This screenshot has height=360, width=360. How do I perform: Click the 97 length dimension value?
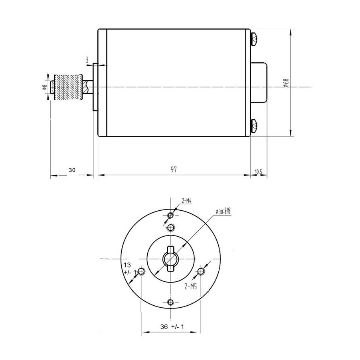point(173,170)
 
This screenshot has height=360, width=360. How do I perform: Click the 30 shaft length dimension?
point(72,170)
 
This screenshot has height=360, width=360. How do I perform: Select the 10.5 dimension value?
point(258,172)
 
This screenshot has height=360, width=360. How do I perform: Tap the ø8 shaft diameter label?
point(45,87)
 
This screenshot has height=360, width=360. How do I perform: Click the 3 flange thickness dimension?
point(87,59)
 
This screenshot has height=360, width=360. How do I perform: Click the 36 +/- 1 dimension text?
point(172,327)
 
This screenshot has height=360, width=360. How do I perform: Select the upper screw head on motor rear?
point(254,39)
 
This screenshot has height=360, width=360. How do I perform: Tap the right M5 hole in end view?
point(201,271)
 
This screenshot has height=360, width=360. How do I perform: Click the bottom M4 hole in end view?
point(171,302)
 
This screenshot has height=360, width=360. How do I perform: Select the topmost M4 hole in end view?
point(171,216)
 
